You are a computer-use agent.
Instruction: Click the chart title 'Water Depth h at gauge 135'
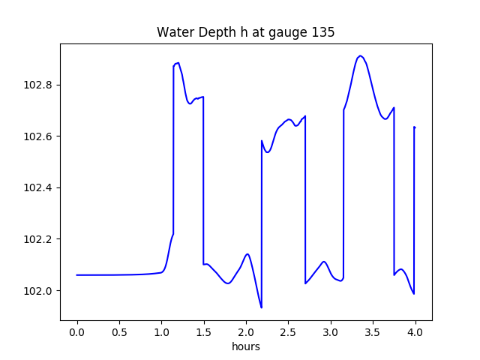(245, 32)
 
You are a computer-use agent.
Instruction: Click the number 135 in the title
(323, 32)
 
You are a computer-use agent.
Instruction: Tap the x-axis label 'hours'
(246, 346)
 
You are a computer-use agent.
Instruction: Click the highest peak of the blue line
(360, 56)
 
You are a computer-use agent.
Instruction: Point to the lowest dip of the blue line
(261, 307)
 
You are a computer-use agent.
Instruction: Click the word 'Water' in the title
(172, 32)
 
